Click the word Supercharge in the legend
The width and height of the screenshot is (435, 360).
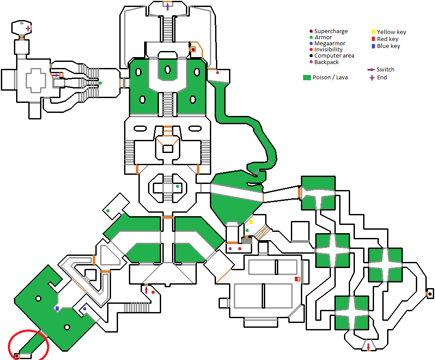[331, 31]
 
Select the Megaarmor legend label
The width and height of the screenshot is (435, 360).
[330, 44]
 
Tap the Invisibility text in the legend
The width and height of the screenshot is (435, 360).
[328, 50]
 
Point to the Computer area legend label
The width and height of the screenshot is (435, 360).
[334, 56]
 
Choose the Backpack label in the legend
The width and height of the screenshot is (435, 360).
[327, 62]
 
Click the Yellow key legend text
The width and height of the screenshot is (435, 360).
[391, 32]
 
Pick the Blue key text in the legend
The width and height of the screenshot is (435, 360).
[388, 46]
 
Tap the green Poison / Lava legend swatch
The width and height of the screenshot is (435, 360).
[307, 78]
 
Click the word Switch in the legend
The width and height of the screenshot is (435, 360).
[385, 70]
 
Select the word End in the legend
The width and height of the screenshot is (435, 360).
[382, 78]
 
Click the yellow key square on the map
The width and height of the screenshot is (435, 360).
[251, 222]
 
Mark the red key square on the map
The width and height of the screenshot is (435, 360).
[297, 279]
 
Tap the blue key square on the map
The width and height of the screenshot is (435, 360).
[57, 309]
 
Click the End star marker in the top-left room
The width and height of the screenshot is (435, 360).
[28, 28]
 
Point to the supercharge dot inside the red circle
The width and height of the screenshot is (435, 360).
[17, 356]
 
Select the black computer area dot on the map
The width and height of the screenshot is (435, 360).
[430, 294]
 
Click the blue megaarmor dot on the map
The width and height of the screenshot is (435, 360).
[84, 309]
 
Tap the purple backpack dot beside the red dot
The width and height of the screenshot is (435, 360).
[230, 248]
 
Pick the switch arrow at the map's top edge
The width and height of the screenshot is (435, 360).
[168, 6]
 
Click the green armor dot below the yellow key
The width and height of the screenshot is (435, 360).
[247, 230]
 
